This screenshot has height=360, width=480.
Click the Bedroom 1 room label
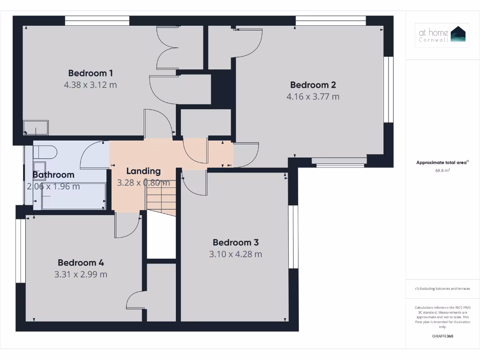click(90, 73)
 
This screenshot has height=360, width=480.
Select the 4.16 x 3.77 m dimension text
click(313, 97)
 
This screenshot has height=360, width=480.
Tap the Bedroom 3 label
click(235, 242)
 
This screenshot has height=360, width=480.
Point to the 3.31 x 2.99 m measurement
click(81, 274)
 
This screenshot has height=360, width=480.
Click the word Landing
click(143, 171)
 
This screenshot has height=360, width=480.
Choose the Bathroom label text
click(53, 175)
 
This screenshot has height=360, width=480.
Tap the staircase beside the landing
click(161, 197)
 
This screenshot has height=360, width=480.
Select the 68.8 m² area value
click(442, 171)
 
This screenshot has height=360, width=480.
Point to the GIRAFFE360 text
click(442, 336)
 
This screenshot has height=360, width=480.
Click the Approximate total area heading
click(442, 163)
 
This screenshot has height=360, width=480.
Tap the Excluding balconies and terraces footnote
click(442, 289)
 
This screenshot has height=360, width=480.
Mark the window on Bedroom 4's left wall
click(21, 251)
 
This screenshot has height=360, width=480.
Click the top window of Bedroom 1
click(97, 21)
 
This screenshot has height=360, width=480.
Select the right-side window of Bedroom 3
click(293, 237)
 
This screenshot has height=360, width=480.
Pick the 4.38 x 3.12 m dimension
click(90, 85)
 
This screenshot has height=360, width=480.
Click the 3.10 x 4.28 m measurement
click(235, 254)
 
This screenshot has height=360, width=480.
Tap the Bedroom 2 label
click(313, 85)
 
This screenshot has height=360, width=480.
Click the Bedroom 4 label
click(81, 262)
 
